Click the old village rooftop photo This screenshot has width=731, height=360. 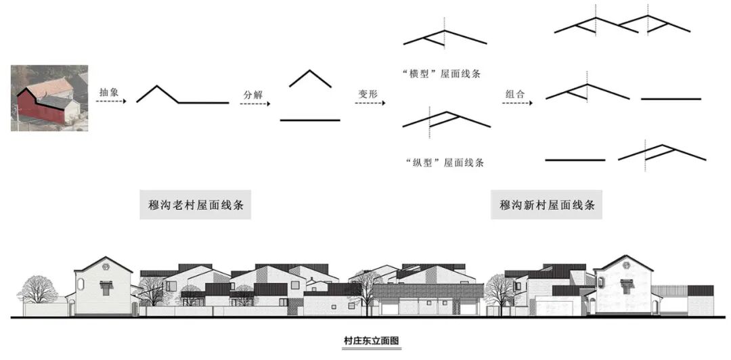coord(49,97)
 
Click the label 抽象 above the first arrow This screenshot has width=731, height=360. coord(108,91)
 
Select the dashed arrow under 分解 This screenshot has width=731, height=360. coord(257,104)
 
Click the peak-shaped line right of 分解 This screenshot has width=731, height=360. coord(310,78)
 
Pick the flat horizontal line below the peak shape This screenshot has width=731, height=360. coord(310,120)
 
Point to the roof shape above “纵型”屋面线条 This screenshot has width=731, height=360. coord(445,119)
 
